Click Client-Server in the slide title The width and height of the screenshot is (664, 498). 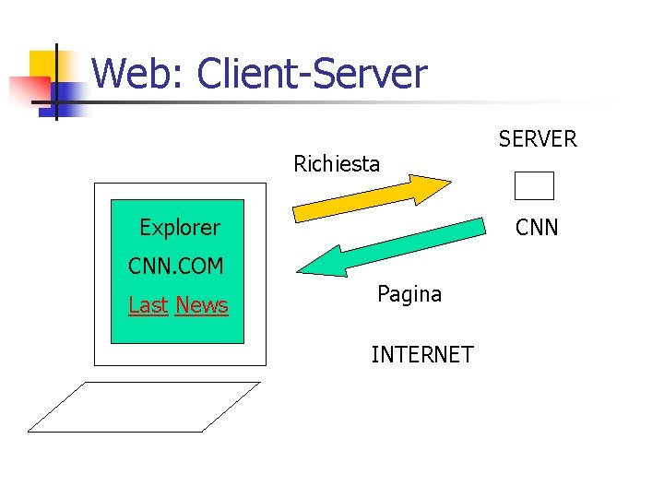313,74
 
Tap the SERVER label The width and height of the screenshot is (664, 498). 538,139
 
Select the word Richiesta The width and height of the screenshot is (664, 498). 337,164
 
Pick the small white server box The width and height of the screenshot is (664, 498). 534,185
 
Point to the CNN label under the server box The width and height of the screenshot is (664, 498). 537,227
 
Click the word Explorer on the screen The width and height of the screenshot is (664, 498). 180,227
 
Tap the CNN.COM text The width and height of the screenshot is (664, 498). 176,267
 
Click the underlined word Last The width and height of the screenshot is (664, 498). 148,305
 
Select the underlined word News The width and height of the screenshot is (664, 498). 201,305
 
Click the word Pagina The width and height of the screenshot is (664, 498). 409,294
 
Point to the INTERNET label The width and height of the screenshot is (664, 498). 422,354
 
